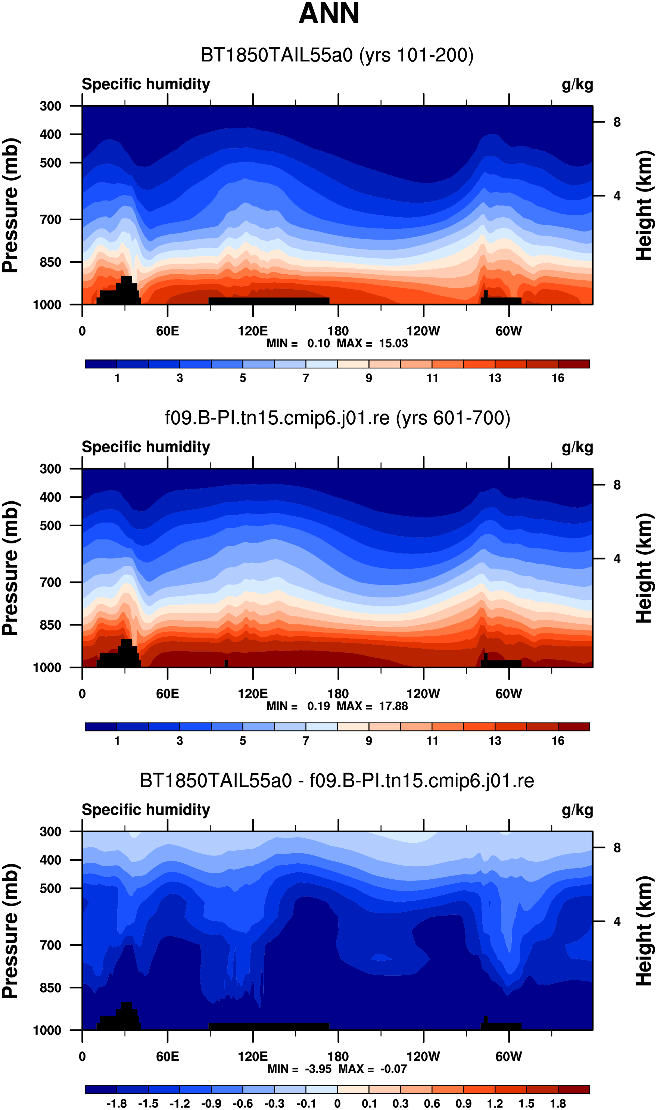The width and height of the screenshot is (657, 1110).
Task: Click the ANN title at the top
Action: pos(329,13)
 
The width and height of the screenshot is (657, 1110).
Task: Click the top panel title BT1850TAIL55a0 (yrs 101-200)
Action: pos(337,55)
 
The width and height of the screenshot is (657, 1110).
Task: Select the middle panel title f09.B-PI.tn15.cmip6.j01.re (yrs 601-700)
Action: pos(337,418)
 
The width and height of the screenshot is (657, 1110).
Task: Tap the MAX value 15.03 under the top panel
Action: pos(393,343)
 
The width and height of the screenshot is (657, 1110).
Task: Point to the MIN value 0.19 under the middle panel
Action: pos(319,706)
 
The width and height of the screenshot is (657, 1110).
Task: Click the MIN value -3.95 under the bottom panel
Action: pos(318,1069)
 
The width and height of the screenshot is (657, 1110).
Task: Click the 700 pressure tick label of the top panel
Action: pos(50,219)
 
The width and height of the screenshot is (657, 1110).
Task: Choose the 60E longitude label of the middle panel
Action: pos(167,693)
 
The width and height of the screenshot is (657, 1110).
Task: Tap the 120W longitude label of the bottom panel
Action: pos(423,1057)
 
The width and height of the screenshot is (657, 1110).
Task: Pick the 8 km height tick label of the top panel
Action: pos(617,122)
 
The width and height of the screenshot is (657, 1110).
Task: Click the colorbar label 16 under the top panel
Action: pos(558,378)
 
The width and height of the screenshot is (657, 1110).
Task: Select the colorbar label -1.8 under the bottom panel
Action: pos(117,1103)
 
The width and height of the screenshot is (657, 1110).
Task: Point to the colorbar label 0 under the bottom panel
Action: pos(337,1103)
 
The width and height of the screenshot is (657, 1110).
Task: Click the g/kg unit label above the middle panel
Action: pos(577,448)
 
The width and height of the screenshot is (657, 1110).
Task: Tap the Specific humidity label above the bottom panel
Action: pos(146,810)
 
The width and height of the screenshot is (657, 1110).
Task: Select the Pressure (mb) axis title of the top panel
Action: pos(10,205)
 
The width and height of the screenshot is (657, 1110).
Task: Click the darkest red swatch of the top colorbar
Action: pos(574,364)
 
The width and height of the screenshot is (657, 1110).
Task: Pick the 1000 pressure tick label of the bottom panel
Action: pos(47,1031)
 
